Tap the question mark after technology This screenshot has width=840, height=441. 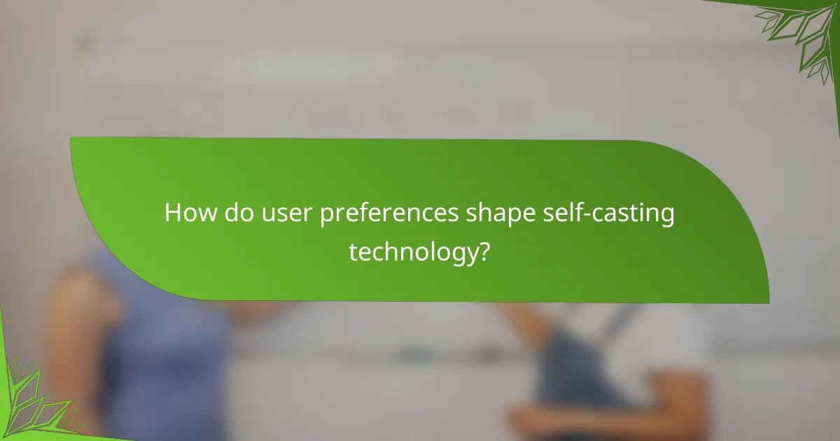(x=483, y=251)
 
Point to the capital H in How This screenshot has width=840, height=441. (x=172, y=213)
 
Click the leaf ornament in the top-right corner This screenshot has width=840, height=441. (x=798, y=35)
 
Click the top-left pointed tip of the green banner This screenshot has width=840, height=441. (x=71, y=139)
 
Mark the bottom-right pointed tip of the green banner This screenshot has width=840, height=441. (x=768, y=302)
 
